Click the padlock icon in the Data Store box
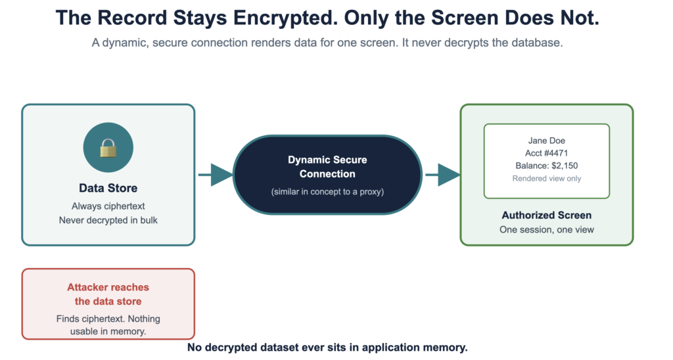point(108,148)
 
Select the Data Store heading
point(108,188)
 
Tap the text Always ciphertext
point(108,206)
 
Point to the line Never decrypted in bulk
point(108,220)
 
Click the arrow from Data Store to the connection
point(216,175)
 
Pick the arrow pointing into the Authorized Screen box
point(442,175)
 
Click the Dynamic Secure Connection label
point(327,166)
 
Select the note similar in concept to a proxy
point(327,191)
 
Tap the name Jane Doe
point(546,141)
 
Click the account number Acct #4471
point(546,153)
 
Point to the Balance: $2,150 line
point(546,166)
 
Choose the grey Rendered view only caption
point(546,178)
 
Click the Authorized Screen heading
point(546,215)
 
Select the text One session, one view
point(546,229)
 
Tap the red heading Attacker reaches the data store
point(108,294)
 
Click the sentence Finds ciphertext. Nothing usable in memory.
point(108,325)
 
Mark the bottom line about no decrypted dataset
point(327,347)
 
